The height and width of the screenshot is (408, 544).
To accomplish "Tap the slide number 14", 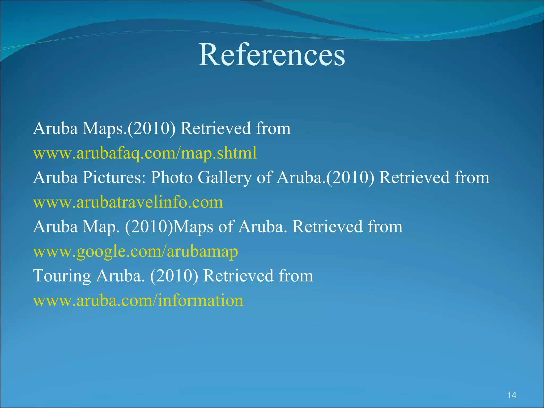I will [512, 395].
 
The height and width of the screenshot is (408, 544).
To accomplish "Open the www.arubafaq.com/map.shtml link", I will [145, 153].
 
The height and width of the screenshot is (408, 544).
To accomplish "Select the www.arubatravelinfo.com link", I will [128, 202].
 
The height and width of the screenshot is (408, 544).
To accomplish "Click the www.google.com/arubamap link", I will [135, 252].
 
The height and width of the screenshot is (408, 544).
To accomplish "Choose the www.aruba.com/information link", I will [138, 301].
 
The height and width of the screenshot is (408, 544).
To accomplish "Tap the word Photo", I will [172, 178].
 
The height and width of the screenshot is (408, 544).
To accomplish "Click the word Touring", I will [62, 276].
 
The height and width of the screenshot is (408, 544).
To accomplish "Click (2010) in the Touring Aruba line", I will [174, 276].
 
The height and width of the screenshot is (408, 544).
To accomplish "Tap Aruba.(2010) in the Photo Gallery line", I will [325, 178].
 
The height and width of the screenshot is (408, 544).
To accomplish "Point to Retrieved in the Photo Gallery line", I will [414, 178].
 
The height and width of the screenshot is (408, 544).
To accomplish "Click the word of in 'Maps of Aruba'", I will [225, 227].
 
